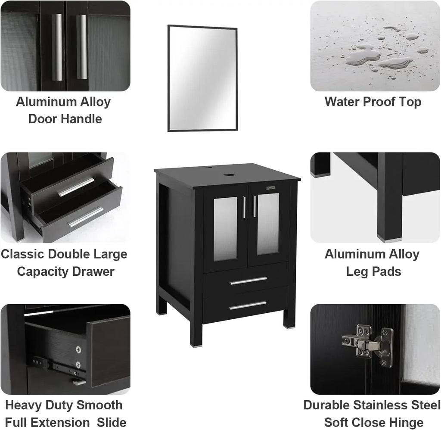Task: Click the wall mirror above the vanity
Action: click(x=202, y=78)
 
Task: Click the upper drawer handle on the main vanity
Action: click(x=248, y=281)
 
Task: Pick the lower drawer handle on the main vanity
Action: click(x=248, y=305)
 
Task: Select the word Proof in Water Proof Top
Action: click(x=373, y=102)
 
